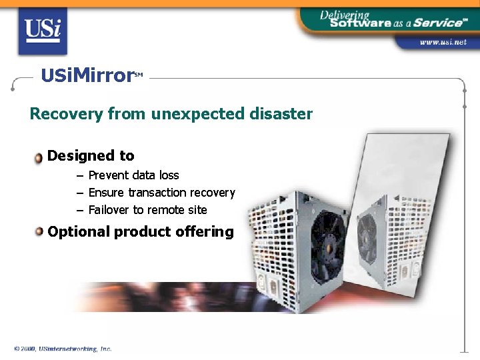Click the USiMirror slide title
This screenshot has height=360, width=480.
point(87,75)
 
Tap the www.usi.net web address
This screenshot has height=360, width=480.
point(443,42)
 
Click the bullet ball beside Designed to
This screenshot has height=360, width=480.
point(39,157)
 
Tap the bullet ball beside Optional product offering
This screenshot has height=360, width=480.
point(39,232)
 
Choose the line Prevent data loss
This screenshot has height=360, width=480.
point(133,175)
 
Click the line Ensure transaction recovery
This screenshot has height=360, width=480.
point(161,193)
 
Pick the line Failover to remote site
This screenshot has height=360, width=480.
point(147,210)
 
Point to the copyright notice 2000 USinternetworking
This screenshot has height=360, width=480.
point(63,349)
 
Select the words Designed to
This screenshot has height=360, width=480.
point(91,156)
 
